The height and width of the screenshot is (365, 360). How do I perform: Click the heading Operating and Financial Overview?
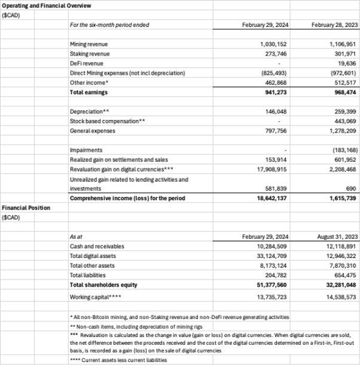click(46, 5)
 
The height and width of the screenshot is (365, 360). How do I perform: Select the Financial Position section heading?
click(25, 208)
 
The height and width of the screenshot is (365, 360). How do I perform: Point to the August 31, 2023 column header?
click(333, 237)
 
